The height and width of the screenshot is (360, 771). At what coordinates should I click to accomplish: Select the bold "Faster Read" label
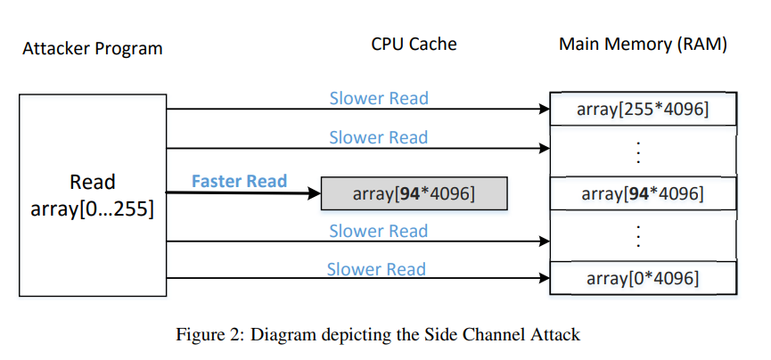pyautogui.click(x=239, y=182)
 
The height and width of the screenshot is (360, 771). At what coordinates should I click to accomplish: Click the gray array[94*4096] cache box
pyautogui.click(x=414, y=193)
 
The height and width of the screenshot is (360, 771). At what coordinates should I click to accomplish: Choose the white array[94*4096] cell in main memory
pyautogui.click(x=643, y=193)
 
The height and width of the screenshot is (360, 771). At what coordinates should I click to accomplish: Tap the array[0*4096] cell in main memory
pyautogui.click(x=643, y=278)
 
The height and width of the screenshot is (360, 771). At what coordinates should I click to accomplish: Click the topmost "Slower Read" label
pyautogui.click(x=378, y=98)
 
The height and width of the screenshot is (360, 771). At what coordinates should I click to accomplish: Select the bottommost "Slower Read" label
pyautogui.click(x=375, y=269)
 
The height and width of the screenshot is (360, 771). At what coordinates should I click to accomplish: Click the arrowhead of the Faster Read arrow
pyautogui.click(x=314, y=192)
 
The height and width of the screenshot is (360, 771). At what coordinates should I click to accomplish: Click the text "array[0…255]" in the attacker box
pyautogui.click(x=92, y=209)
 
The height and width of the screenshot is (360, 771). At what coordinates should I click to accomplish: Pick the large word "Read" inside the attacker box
pyautogui.click(x=92, y=183)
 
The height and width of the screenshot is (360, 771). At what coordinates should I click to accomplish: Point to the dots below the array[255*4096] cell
pyautogui.click(x=638, y=152)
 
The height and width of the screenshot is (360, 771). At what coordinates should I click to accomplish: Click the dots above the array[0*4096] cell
pyautogui.click(x=638, y=236)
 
